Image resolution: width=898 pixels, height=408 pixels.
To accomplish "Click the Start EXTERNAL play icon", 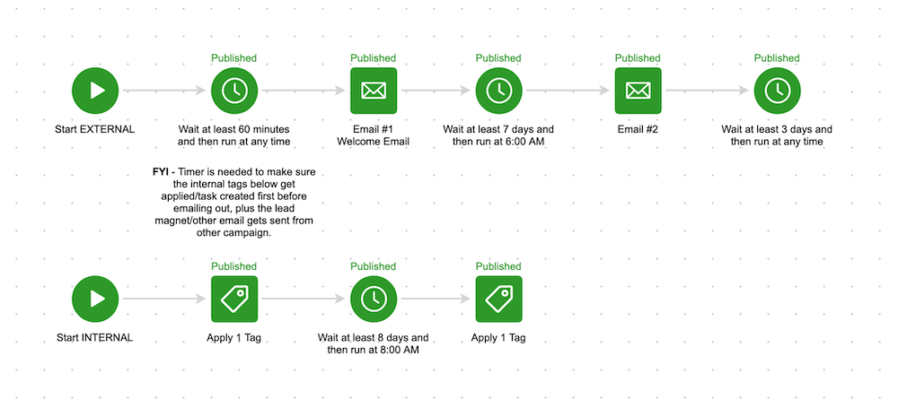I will click(96, 90).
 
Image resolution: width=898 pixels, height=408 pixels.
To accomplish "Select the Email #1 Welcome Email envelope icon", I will click(374, 90).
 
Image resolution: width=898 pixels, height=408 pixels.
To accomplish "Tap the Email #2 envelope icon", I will click(638, 90).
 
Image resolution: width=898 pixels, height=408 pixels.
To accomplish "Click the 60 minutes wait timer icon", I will click(234, 90).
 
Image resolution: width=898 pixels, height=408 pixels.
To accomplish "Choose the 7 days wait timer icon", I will click(498, 90).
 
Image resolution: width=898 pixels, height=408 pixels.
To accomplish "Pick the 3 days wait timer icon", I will click(777, 90).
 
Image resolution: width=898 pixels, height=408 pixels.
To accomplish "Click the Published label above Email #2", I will click(638, 58).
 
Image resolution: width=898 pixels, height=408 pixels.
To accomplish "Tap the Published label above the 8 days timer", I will click(374, 266).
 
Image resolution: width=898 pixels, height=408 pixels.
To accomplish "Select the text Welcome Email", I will click(374, 142).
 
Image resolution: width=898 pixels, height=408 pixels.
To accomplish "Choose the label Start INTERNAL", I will click(96, 338).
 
